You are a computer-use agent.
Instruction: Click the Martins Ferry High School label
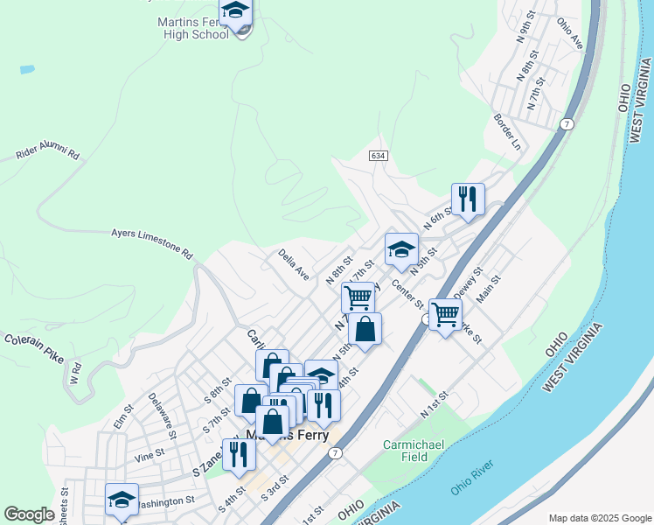[x=196, y=27]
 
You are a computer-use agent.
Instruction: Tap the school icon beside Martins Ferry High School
[x=235, y=12]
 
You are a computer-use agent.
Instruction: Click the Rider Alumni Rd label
[x=47, y=154]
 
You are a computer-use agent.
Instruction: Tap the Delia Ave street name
[x=294, y=264]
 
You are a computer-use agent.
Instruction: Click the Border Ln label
[x=507, y=130]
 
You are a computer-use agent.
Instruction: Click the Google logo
[x=30, y=514]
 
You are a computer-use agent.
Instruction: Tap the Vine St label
[x=150, y=454]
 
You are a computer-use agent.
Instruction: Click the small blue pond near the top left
[x=27, y=68]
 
